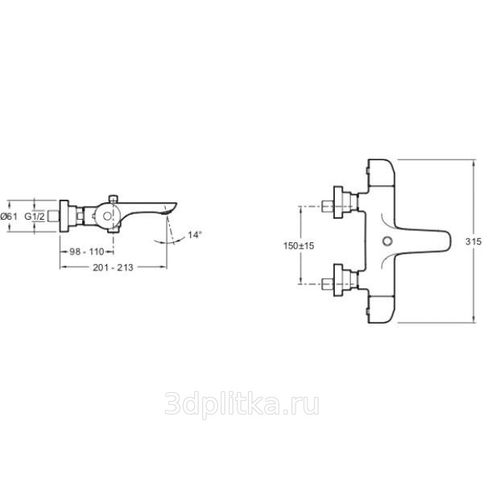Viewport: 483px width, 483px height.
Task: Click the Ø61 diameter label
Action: pos(9,217)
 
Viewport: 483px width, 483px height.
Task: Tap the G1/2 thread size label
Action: pos(35,217)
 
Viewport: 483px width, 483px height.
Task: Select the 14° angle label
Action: pos(195,235)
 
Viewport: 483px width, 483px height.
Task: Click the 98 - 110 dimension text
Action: pos(87,252)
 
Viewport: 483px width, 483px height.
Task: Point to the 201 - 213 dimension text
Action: pos(113,267)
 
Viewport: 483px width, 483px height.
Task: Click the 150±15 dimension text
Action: pos(299,246)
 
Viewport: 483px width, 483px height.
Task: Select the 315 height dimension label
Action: pos(473,242)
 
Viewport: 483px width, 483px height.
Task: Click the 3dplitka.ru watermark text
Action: pos(242,404)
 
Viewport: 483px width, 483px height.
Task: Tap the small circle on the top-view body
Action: pos(387,242)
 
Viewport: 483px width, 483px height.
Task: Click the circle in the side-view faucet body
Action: pos(107,217)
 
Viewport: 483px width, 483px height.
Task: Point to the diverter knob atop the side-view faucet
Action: pos(114,199)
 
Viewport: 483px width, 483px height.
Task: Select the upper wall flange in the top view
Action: pos(338,202)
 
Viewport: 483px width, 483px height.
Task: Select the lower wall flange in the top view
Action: pos(338,280)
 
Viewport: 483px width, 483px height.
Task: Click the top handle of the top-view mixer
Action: pos(382,173)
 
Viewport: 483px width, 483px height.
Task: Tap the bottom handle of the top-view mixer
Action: pos(382,309)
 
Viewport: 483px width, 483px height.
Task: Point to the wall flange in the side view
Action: pos(64,216)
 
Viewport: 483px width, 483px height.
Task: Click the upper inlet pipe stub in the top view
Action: pos(328,206)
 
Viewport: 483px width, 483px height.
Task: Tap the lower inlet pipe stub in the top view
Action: pos(328,283)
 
